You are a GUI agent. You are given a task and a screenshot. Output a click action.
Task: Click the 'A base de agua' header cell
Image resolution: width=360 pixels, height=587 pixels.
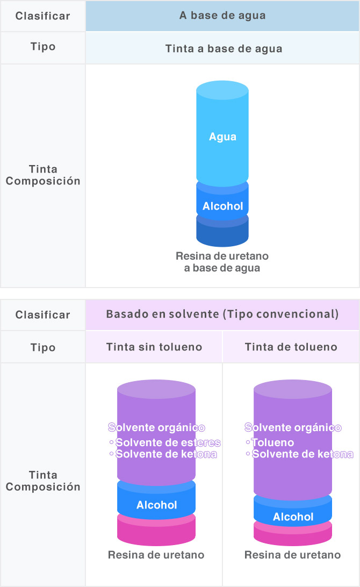pyautogui.click(x=222, y=16)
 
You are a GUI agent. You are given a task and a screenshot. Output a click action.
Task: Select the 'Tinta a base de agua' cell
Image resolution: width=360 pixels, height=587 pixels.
pyautogui.click(x=222, y=48)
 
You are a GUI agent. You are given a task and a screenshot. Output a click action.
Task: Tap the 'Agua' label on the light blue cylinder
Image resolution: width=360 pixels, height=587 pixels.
pyautogui.click(x=222, y=137)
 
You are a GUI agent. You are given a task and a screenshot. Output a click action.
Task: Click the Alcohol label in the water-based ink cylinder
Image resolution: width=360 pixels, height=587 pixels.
pyautogui.click(x=222, y=206)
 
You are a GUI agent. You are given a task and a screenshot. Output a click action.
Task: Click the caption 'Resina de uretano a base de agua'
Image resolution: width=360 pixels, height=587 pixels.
pyautogui.click(x=222, y=262)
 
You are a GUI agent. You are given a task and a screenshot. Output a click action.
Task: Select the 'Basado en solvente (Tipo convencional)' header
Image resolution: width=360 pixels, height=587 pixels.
pyautogui.click(x=222, y=314)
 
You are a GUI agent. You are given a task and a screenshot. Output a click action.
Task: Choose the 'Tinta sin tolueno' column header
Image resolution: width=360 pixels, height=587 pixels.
pyautogui.click(x=154, y=347)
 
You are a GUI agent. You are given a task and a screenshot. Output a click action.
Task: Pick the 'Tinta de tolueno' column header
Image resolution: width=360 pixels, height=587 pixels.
pyautogui.click(x=291, y=347)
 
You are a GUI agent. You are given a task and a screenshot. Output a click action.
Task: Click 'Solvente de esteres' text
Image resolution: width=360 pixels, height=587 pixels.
pyautogui.click(x=168, y=442)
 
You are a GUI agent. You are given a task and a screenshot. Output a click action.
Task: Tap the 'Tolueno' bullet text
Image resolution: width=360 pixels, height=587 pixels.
pyautogui.click(x=272, y=442)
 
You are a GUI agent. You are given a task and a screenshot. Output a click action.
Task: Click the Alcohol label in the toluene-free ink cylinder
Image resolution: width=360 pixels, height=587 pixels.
pyautogui.click(x=156, y=505)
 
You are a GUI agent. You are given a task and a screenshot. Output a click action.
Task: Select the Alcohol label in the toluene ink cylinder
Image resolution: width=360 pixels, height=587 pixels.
pyautogui.click(x=293, y=517)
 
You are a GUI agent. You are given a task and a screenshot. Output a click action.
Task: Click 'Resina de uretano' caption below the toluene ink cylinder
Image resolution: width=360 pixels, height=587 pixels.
pyautogui.click(x=293, y=555)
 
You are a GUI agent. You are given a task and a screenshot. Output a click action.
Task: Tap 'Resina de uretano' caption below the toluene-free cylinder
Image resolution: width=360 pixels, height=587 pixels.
pyautogui.click(x=156, y=555)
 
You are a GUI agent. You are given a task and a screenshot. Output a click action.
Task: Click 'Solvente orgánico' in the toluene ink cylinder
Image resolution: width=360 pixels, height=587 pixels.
pyautogui.click(x=293, y=427)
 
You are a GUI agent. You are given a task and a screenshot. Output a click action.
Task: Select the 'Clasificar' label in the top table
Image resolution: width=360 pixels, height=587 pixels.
pyautogui.click(x=42, y=16)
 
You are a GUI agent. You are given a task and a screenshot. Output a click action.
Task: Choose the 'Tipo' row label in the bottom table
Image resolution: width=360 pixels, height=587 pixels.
pyautogui.click(x=42, y=348)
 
